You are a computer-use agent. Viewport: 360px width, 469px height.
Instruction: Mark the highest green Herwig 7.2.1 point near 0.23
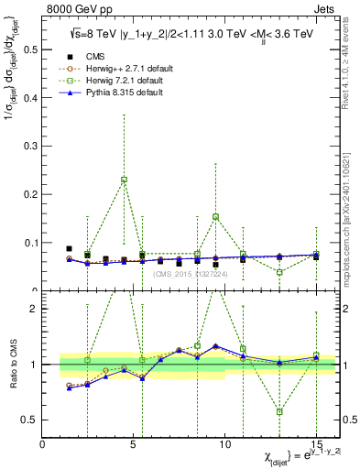tap(124, 180)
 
